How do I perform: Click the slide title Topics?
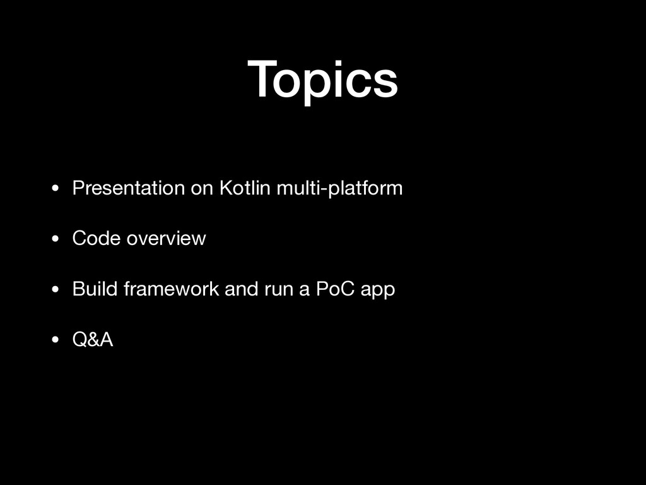tap(322, 81)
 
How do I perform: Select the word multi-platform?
tap(339, 189)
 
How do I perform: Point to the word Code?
tap(97, 239)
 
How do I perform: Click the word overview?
tap(166, 239)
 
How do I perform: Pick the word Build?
tap(95, 289)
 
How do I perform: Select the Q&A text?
tap(93, 340)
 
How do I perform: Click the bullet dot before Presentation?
tap(56, 189)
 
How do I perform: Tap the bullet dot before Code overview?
tap(56, 239)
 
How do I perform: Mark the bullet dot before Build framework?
tap(56, 290)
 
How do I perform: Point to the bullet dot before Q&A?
tap(56, 340)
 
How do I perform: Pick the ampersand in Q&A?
tap(93, 340)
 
